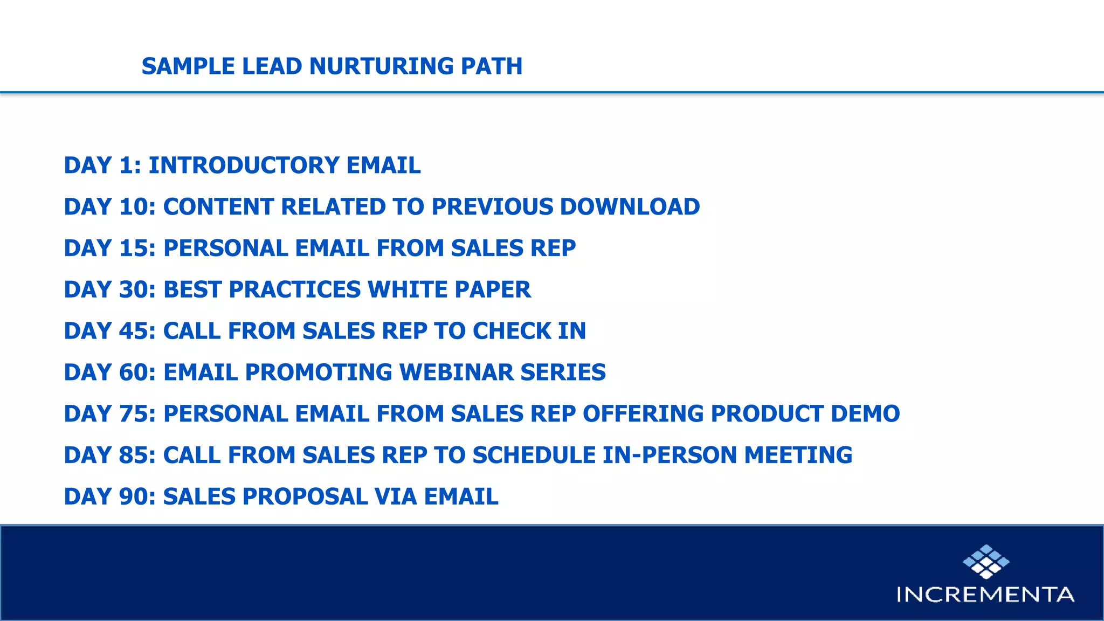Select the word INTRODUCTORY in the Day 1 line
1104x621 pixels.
[x=244, y=165]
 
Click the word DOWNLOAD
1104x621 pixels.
[x=630, y=207]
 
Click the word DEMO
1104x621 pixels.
[x=865, y=414]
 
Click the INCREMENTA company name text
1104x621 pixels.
[x=985, y=595]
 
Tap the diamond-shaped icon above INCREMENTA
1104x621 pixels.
[x=986, y=561]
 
